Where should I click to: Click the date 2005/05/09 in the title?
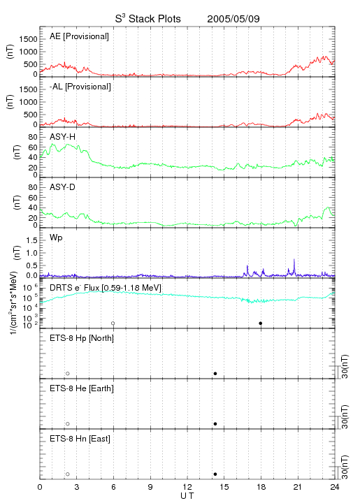coord(233,19)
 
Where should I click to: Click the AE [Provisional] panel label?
coord(79,36)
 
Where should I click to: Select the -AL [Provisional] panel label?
coord(80,87)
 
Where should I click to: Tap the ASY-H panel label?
coord(63,137)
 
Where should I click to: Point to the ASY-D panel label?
coord(63,187)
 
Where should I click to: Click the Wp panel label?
coord(56,238)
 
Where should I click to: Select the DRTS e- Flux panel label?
coord(106,288)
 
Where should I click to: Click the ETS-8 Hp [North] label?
coord(82,338)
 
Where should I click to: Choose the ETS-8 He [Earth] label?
coord(82,388)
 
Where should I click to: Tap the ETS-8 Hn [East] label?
coord(80,439)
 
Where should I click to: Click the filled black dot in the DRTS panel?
coord(261,323)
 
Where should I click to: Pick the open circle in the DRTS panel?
coord(113,323)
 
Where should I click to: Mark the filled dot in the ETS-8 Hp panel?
coord(215,373)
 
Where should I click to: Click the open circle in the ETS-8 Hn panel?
coord(68,474)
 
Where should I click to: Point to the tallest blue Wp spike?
coord(294,259)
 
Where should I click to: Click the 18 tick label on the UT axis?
coord(261,487)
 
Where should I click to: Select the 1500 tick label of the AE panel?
coord(28,39)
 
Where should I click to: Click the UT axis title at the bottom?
coord(187,495)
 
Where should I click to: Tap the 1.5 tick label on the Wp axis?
coord(31,240)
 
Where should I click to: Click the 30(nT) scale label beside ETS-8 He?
coord(345,416)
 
